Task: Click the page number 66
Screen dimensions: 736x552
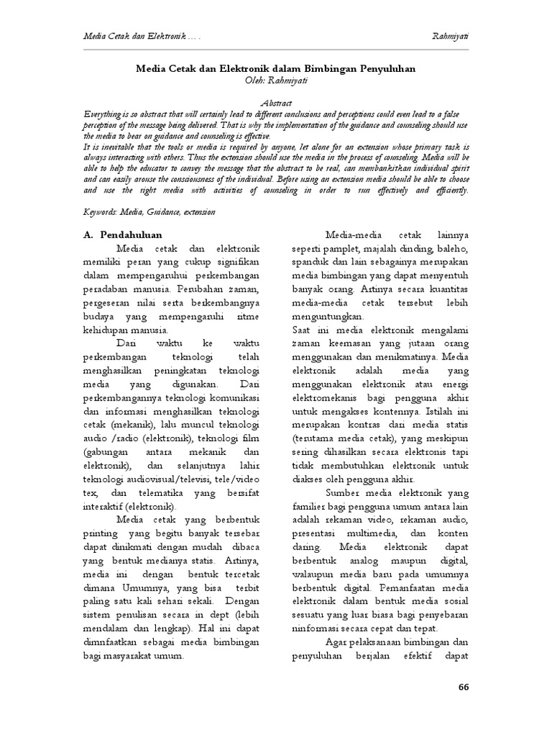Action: (x=463, y=686)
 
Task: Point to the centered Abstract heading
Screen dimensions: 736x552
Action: (x=275, y=104)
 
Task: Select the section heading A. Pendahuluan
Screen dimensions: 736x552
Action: (x=122, y=234)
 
